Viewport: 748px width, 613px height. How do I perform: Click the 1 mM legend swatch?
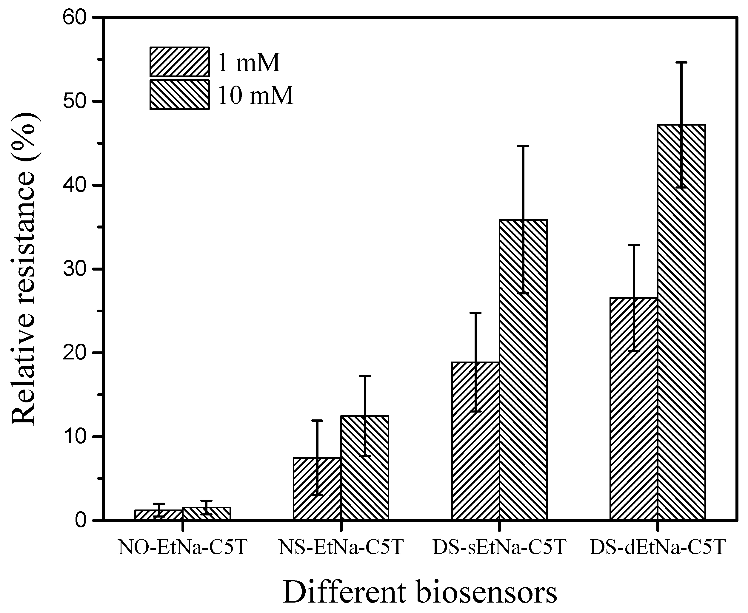(x=179, y=62)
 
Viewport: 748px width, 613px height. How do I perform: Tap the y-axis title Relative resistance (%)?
(x=24, y=269)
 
